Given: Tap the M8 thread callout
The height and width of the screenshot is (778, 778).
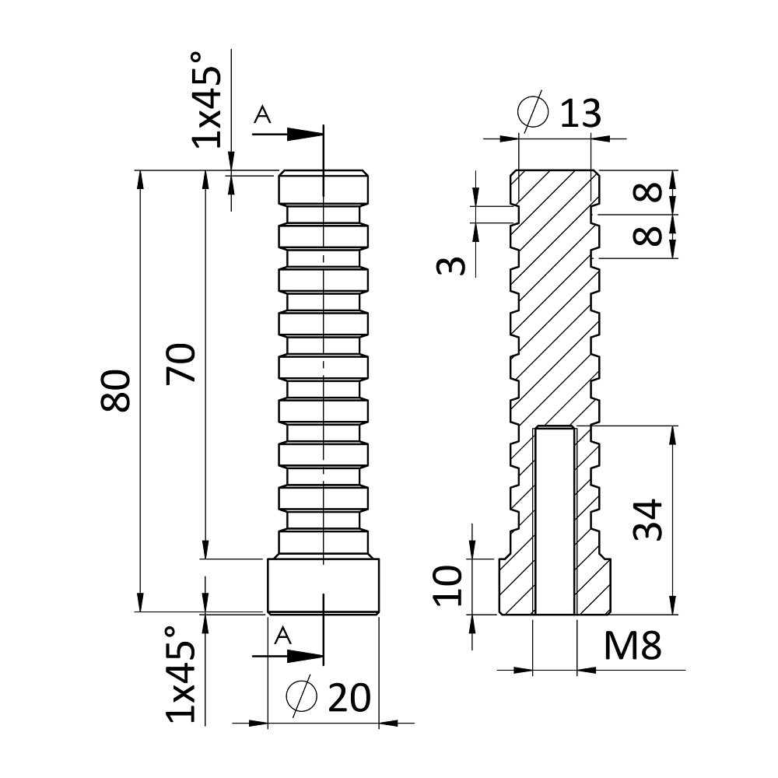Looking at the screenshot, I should pos(633,646).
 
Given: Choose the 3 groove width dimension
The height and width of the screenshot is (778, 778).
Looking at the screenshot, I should pos(451,266).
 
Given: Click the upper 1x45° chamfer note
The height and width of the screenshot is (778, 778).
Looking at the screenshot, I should pos(208,100).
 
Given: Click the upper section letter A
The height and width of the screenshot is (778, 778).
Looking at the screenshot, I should pos(263,115).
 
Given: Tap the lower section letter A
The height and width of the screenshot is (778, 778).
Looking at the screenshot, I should pos(284,635).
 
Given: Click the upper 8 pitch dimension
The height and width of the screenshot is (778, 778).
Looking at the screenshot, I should pos(652,191).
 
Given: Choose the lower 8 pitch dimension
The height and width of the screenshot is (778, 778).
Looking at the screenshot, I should pos(652,235).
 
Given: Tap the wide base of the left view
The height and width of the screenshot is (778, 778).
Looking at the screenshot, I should pos(323,585).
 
